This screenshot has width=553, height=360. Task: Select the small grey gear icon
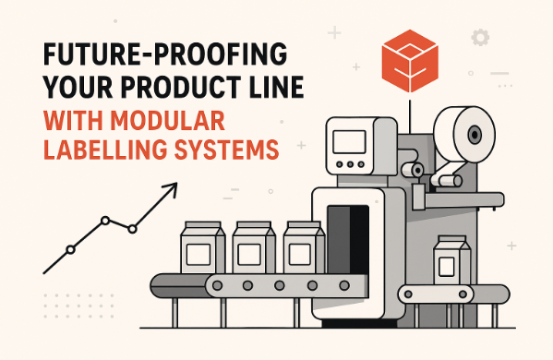pos(479,38)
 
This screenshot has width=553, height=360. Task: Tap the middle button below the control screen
pos(351,165)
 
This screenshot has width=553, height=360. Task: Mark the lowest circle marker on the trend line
pos(70,249)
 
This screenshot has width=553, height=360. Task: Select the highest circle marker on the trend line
pos(105,221)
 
